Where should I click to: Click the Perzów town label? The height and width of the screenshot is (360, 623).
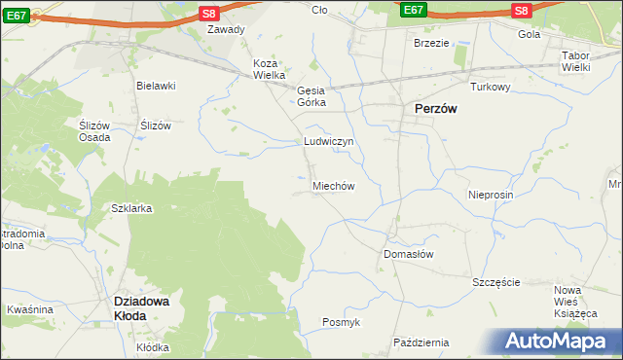pos(435,110)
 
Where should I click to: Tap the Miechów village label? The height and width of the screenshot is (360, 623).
pos(332,186)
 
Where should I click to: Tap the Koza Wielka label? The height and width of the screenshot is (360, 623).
pos(269,69)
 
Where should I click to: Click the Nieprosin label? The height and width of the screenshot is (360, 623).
pos(490,195)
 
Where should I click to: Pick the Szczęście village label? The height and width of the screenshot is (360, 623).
pos(496,282)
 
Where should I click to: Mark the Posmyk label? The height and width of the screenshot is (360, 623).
pos(342,322)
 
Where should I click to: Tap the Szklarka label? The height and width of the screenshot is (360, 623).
pos(131,209)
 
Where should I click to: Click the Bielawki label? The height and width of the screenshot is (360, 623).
pos(155,86)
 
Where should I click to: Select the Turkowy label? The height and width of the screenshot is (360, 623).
pos(491,87)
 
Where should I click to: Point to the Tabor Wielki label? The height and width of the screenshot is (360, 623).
pos(582,61)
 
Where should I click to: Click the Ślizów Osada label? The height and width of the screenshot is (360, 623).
pos(93,131)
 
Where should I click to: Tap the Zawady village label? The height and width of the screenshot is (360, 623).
pos(226,29)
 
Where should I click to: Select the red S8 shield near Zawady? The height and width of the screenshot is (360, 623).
pos(209,13)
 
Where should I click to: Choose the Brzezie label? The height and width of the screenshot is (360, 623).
pos(431,43)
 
